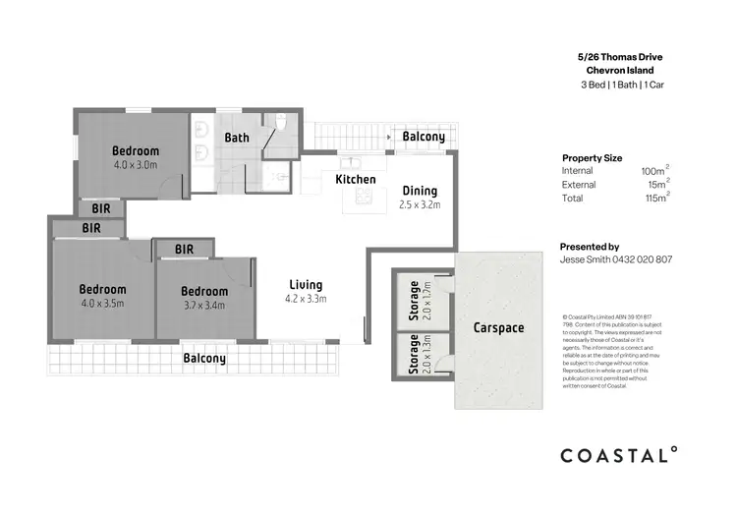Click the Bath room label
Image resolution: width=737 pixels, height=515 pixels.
tap(237, 138)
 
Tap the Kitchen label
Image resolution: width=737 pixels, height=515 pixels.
tap(355, 180)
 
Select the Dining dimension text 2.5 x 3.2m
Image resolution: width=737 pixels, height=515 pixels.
tap(420, 205)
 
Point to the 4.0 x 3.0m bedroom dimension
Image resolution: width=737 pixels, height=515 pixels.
tap(135, 165)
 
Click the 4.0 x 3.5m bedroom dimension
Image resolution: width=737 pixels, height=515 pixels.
tap(102, 304)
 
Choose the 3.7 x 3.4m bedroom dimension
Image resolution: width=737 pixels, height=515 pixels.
tap(204, 305)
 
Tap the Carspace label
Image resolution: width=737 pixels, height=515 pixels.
tap(498, 327)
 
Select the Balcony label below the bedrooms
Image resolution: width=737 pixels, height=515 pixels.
tap(204, 359)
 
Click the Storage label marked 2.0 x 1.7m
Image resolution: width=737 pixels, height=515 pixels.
tap(415, 302)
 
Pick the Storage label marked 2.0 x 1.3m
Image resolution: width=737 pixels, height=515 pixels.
tap(415, 355)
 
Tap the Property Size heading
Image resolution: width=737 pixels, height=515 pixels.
tap(592, 157)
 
